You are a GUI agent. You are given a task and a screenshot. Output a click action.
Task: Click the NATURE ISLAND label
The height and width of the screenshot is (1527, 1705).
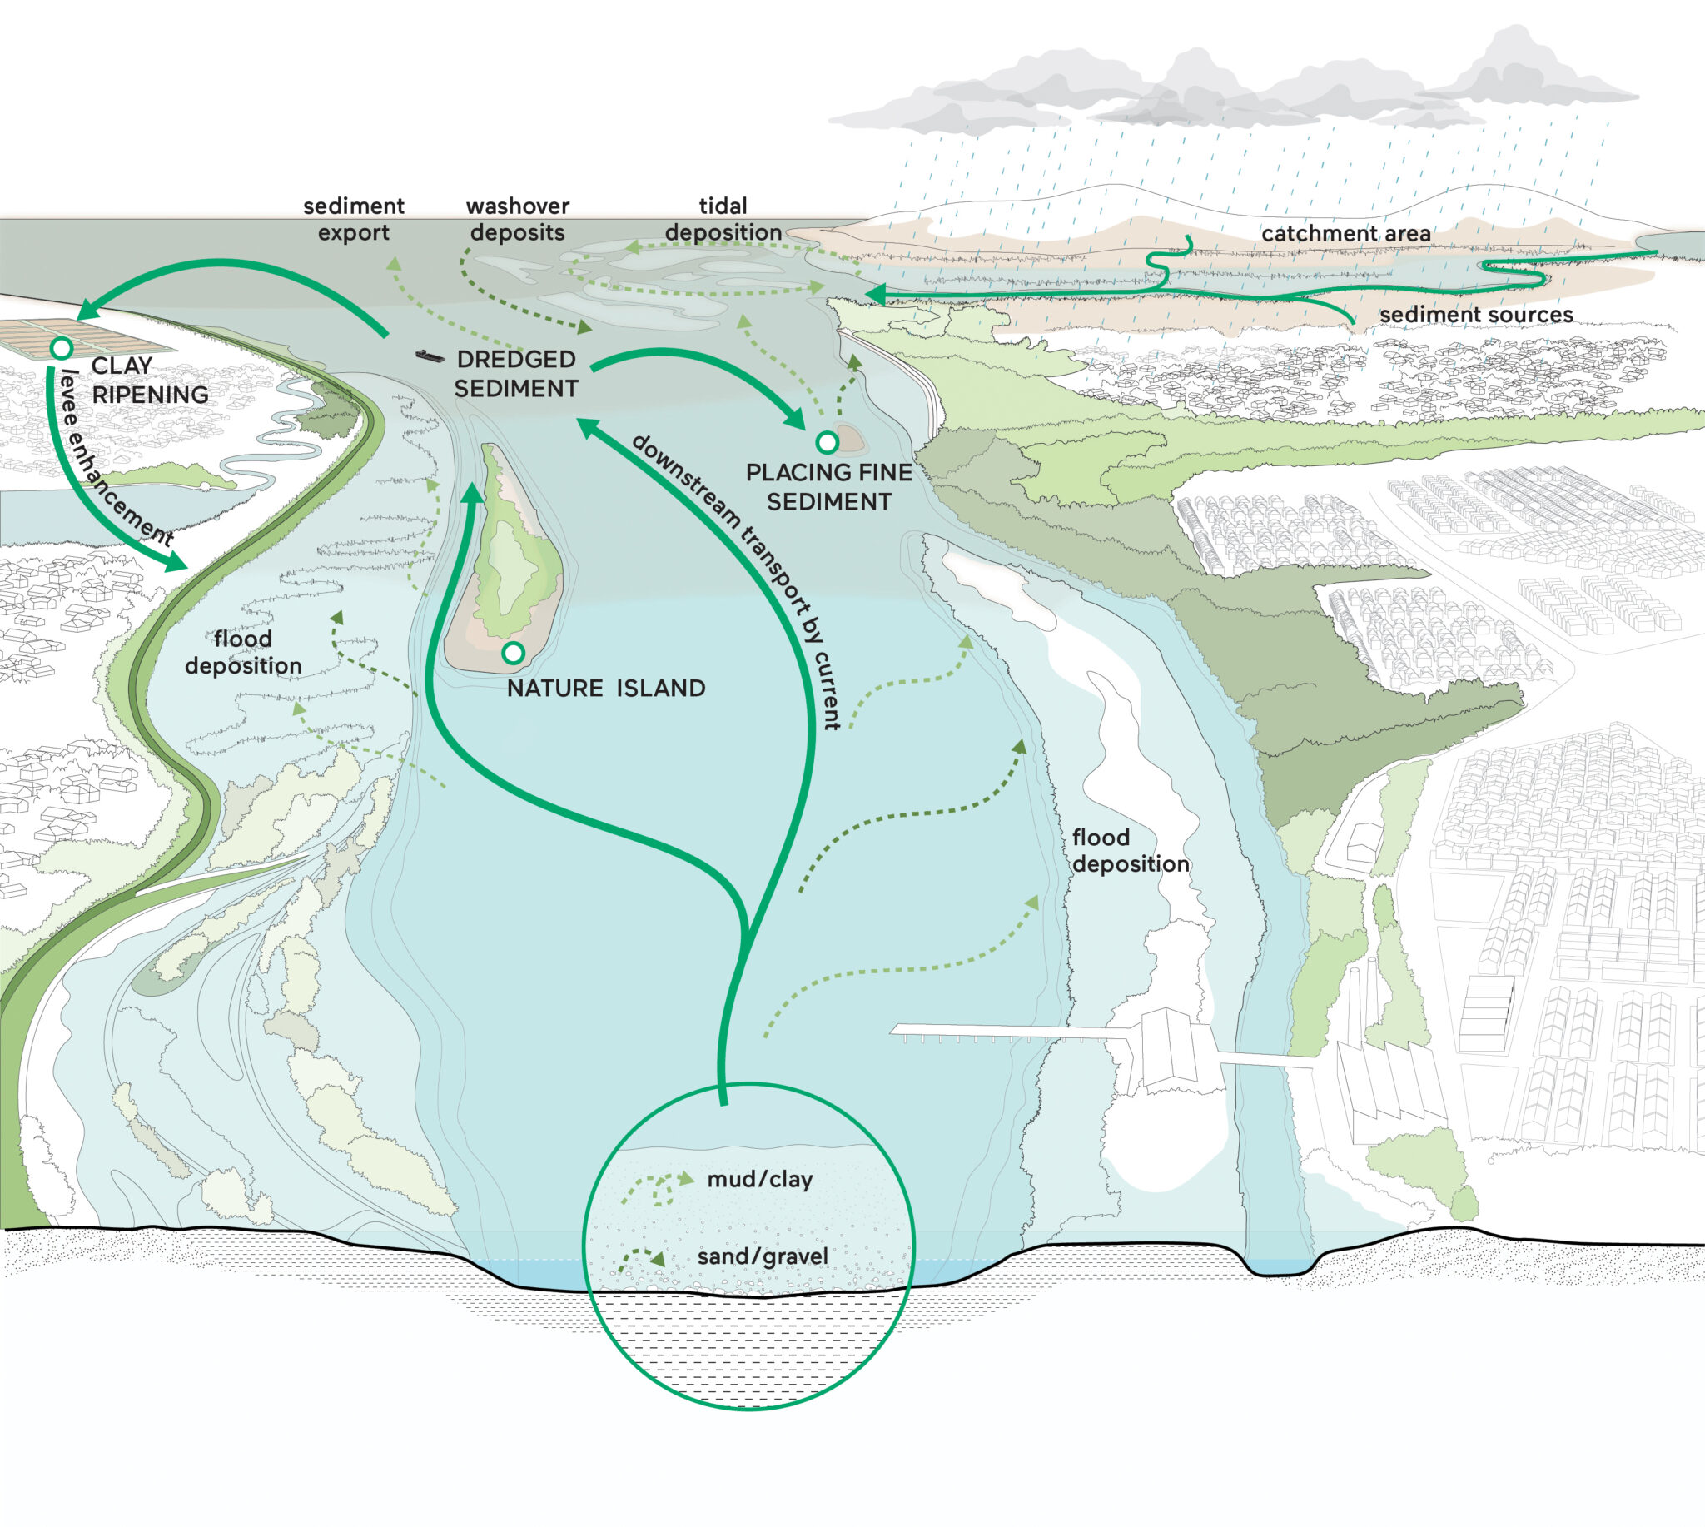(x=606, y=688)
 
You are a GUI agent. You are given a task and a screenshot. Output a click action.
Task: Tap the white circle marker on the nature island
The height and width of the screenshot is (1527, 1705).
(x=513, y=652)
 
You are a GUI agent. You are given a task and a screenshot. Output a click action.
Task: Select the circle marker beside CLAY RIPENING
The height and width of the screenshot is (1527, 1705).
(x=62, y=347)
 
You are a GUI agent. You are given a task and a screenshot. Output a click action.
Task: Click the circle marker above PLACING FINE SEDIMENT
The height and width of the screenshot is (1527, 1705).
(x=827, y=441)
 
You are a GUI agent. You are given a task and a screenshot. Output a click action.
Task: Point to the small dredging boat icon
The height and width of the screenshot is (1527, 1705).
(x=430, y=356)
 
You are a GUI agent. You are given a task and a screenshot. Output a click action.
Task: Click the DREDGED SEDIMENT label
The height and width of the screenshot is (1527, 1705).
(x=516, y=373)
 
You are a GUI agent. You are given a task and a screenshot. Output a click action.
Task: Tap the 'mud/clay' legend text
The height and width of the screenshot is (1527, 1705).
(x=760, y=1180)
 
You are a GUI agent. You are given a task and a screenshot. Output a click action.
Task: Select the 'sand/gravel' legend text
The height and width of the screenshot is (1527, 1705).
(x=763, y=1256)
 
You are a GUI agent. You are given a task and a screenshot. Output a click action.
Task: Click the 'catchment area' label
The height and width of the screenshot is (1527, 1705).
(x=1346, y=233)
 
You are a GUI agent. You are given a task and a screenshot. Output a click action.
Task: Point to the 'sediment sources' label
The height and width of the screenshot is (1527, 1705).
(x=1477, y=315)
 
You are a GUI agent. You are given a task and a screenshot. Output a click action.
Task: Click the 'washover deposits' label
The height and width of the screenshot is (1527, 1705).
(x=518, y=219)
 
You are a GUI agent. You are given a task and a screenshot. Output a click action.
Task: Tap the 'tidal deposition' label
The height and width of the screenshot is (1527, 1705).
(x=723, y=219)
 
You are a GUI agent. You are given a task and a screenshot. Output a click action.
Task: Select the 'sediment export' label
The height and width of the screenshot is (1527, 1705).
(x=353, y=219)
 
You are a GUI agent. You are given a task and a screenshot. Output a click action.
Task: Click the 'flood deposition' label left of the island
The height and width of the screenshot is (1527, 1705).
(x=243, y=652)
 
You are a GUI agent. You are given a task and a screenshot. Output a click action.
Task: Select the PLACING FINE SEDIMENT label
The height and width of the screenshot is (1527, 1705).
(x=829, y=486)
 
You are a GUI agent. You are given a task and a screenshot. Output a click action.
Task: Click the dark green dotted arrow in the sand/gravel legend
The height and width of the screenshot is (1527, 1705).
(x=641, y=1259)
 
